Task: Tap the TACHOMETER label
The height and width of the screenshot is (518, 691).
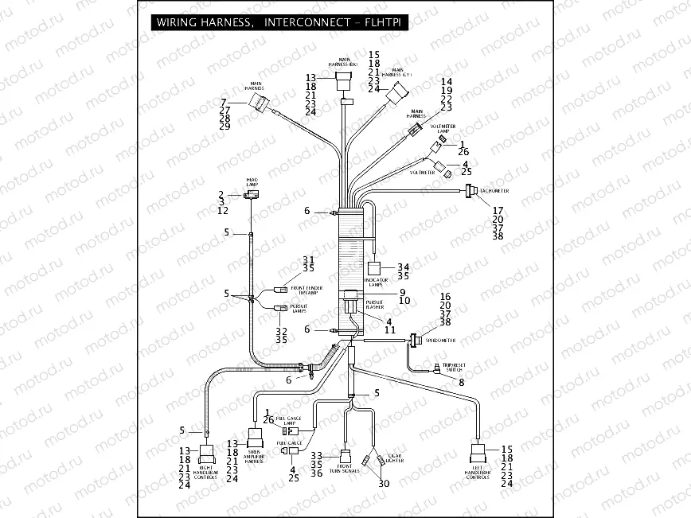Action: coord(494,191)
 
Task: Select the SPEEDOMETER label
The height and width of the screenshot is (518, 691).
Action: coord(440,340)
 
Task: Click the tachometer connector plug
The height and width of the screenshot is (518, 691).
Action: coord(470,191)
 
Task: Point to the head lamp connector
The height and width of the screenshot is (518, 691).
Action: coord(252,194)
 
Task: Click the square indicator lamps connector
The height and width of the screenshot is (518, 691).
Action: coord(373,269)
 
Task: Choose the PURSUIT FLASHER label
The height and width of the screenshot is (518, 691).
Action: coord(374,306)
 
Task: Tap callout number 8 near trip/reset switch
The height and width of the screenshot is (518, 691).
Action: coord(461,383)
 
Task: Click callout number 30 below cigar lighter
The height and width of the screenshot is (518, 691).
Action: coord(384,484)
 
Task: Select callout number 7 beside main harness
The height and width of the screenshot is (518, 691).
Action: coord(224,102)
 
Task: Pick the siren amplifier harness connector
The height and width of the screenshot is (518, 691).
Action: coord(256,438)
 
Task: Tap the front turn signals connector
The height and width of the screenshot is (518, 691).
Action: coord(345,457)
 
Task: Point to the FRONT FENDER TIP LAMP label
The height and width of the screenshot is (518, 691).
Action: coord(307,290)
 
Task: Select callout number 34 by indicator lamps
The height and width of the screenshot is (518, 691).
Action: coord(404,267)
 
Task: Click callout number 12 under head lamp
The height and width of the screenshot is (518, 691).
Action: coord(222,211)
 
